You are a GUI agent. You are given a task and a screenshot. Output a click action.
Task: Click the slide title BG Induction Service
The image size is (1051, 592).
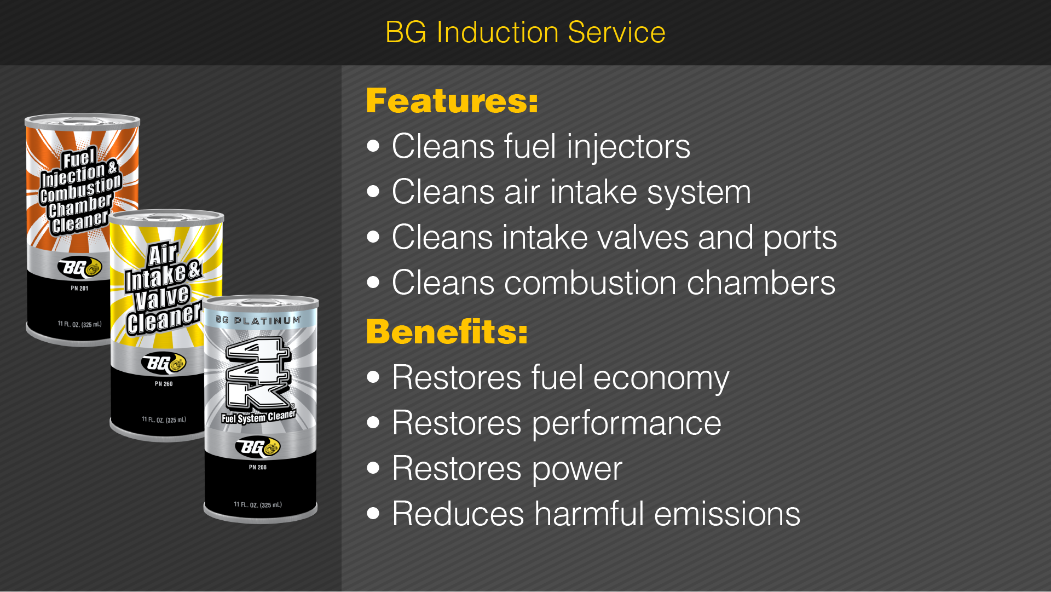point(525,32)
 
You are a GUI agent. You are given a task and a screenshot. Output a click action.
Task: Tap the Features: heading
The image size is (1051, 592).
point(452,101)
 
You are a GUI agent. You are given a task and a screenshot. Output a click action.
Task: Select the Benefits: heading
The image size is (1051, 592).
point(447,331)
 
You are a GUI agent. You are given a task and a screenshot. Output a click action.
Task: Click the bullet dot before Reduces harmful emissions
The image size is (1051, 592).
point(374,513)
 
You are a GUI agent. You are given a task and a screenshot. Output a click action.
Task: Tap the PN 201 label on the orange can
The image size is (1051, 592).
point(79,288)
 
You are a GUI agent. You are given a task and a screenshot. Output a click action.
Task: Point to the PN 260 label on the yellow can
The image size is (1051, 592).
point(164,384)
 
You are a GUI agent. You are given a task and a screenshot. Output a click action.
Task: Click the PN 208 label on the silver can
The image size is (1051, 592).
point(258,467)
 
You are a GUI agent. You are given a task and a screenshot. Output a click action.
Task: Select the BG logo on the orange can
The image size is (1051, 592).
point(80,267)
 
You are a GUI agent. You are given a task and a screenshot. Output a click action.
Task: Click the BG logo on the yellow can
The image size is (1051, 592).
point(164,363)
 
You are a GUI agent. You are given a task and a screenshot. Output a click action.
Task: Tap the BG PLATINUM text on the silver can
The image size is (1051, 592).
point(258,320)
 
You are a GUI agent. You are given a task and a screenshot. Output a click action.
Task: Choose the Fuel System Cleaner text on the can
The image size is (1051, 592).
point(258,417)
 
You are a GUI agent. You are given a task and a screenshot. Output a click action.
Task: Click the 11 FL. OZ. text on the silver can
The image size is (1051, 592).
point(246,504)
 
